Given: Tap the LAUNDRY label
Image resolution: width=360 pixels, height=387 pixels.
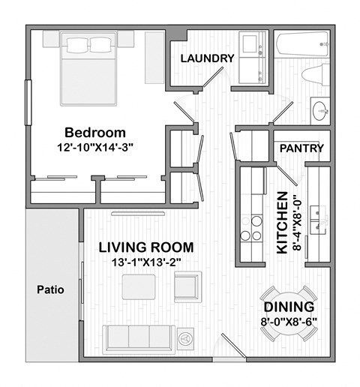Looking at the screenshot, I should pos(208,58).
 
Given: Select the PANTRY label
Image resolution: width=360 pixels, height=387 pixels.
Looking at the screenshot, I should pos(301,148).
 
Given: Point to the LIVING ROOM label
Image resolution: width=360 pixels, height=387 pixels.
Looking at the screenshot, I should pos(147,247).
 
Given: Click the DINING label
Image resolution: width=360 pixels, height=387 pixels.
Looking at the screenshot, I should pos(288,307).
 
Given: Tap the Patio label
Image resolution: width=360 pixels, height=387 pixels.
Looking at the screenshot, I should pos(50,289).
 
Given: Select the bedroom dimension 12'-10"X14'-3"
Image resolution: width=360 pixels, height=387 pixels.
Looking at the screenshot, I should pos(94,147).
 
